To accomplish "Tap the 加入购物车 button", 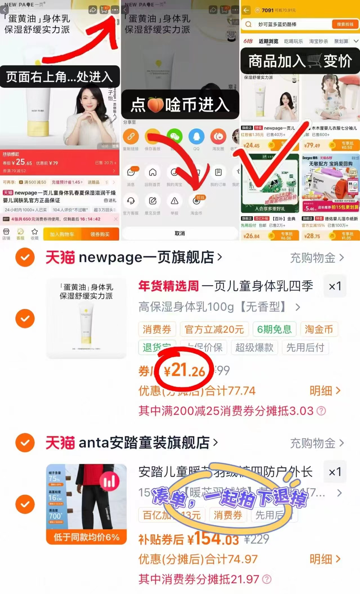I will (x=62, y=234).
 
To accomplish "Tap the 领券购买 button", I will (x=100, y=234).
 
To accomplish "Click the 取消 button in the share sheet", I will (x=180, y=233).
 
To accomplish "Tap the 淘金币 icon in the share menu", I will (x=196, y=201).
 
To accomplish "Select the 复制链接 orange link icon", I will (x=131, y=137).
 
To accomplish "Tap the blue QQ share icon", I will (x=196, y=137).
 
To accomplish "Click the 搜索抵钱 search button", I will (x=345, y=24).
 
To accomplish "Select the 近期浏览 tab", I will (x=268, y=41).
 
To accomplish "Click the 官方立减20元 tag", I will (x=214, y=329).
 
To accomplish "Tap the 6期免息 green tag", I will (x=274, y=329).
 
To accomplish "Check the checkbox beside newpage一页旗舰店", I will (x=25, y=257).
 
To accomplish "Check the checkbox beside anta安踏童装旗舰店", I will (x=25, y=442).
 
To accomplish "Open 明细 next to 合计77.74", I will (x=325, y=391).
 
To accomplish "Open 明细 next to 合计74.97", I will (x=325, y=559).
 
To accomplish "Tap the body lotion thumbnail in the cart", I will (x=86, y=318).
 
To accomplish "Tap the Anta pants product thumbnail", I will (x=86, y=504).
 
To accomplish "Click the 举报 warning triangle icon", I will (x=175, y=201).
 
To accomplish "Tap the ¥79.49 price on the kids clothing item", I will (x=312, y=146).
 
